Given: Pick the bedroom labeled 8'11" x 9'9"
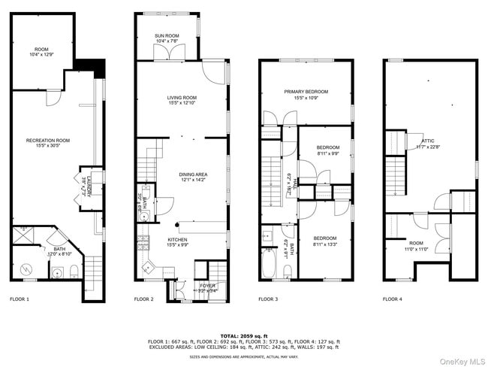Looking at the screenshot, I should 328,150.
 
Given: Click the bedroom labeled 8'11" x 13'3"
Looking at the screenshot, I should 325,239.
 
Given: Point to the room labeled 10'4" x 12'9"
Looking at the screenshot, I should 41,51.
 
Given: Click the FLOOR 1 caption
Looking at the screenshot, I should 20,299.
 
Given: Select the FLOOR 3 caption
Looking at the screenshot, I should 268,299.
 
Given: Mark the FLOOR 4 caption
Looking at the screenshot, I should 392,299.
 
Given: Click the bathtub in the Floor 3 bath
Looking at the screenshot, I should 270,263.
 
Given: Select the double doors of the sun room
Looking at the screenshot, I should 167,53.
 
